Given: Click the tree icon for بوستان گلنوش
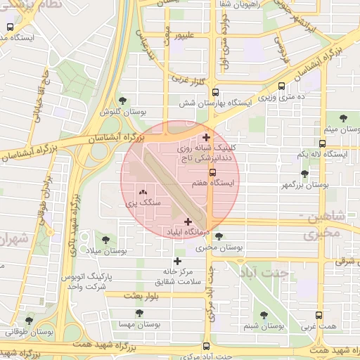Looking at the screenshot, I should tap(124, 101).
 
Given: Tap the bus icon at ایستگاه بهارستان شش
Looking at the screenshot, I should tap(215, 91).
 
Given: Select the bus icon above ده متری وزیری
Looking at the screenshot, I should tap(282, 86).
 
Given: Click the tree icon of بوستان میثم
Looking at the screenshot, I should tap(343, 118).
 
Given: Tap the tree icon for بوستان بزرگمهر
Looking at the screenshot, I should tap(304, 174).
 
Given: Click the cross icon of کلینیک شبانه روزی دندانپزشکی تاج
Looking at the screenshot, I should tap(206, 137).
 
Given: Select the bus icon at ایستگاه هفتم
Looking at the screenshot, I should tap(213, 172).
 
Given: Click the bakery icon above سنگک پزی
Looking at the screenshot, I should tap(143, 191).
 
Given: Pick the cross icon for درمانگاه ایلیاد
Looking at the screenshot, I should tap(188, 221).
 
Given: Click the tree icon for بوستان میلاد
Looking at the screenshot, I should tap(105, 239).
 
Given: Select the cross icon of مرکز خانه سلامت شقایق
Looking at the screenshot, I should tap(177, 261).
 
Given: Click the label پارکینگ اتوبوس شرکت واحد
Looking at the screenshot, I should tap(84, 282).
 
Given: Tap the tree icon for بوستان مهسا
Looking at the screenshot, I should tap(139, 314).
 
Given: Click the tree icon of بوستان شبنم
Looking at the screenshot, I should tap(264, 316).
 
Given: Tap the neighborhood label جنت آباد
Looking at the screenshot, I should tap(265, 272).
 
